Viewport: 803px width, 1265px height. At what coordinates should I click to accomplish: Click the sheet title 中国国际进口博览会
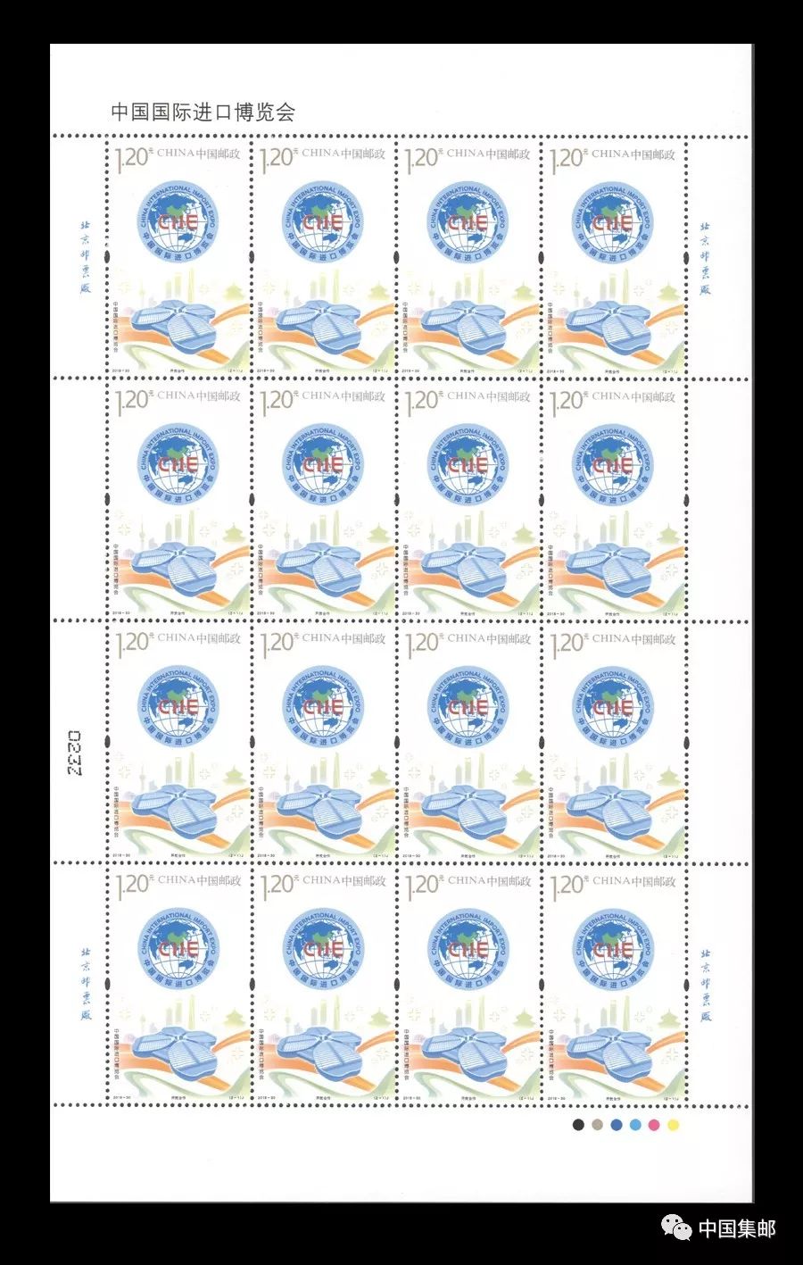point(202,112)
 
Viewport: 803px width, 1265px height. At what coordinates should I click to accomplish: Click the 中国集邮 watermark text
point(736,1228)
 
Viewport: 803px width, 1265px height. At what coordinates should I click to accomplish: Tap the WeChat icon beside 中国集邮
point(681,1229)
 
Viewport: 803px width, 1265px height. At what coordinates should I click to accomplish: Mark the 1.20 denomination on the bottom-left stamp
point(130,886)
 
